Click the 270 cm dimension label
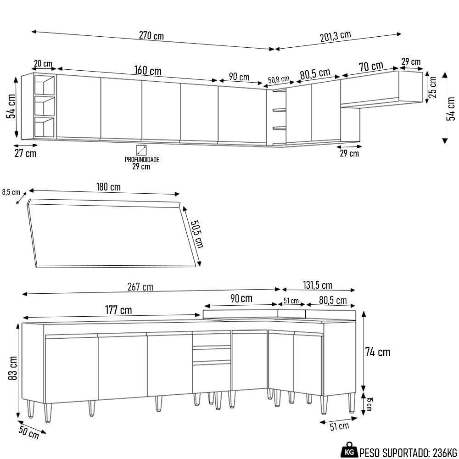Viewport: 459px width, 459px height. pyautogui.click(x=151, y=36)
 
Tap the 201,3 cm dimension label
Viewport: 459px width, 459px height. pyautogui.click(x=336, y=36)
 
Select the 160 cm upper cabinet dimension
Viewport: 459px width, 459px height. pyautogui.click(x=148, y=71)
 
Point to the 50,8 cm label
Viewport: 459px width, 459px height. pyautogui.click(x=279, y=79)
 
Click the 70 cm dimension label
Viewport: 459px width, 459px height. pyautogui.click(x=371, y=67)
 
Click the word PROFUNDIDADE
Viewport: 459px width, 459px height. pyautogui.click(x=142, y=160)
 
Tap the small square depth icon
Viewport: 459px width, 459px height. pyautogui.click(x=141, y=150)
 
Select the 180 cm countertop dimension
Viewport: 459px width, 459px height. pyautogui.click(x=108, y=187)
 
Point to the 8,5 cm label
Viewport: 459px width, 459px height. pyautogui.click(x=11, y=192)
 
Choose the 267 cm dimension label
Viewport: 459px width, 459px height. pyautogui.click(x=140, y=287)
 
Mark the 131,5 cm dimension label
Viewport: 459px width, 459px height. pyautogui.click(x=318, y=285)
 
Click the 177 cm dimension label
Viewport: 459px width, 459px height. pyautogui.click(x=118, y=310)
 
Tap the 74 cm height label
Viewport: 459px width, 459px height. pyautogui.click(x=378, y=352)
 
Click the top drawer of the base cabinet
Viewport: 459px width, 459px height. pyautogui.click(x=212, y=340)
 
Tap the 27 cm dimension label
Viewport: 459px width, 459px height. pyautogui.click(x=25, y=153)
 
